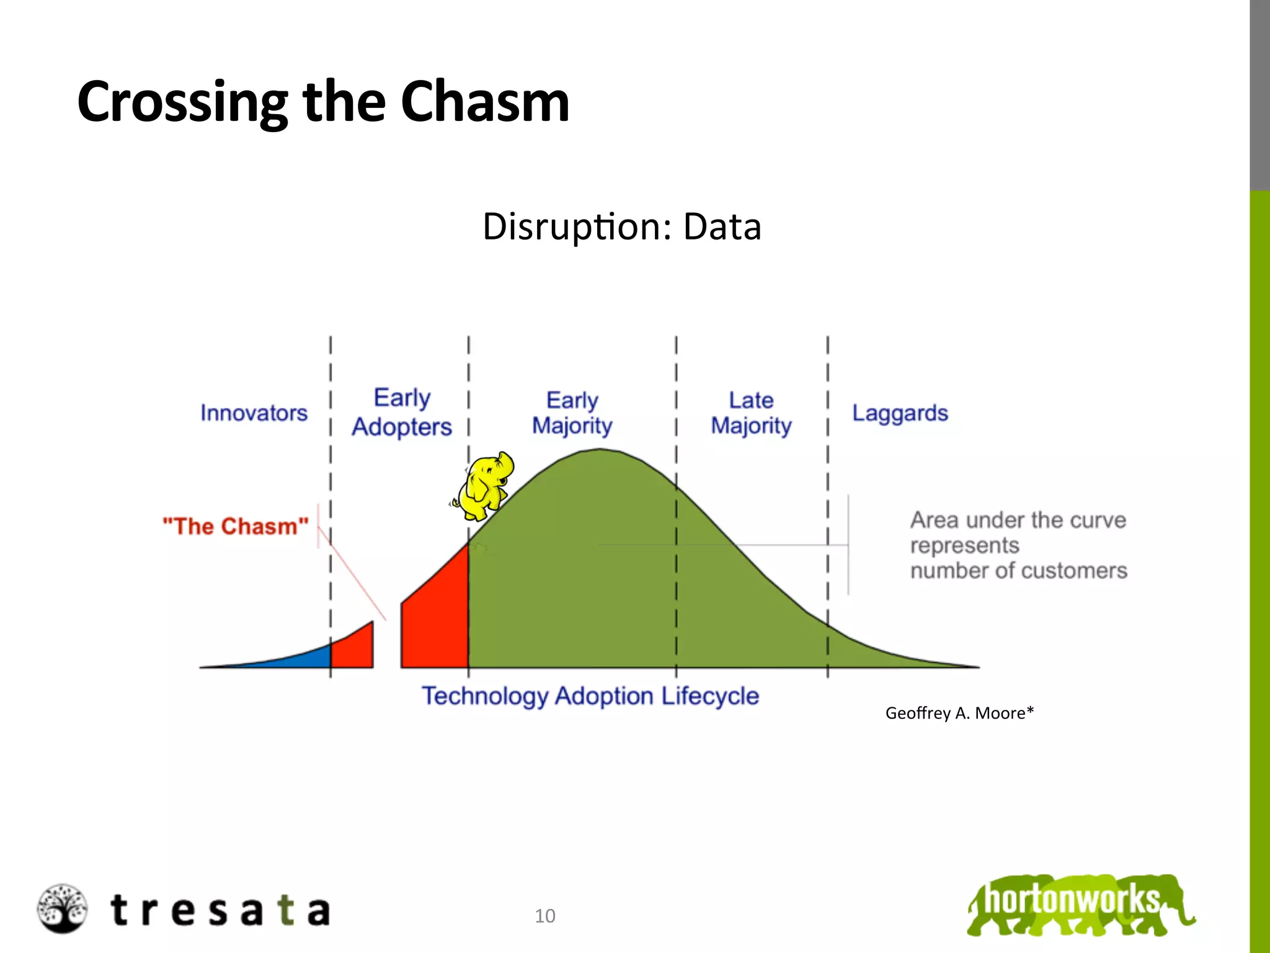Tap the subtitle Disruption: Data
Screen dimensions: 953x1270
click(621, 226)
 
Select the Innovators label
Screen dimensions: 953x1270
click(254, 413)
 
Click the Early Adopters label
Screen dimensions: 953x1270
click(402, 413)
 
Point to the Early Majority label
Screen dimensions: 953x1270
click(572, 413)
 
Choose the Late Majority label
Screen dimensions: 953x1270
click(751, 413)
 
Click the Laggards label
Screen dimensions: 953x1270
click(900, 413)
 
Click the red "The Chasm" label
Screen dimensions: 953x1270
click(235, 526)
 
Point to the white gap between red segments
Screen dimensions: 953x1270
click(387, 645)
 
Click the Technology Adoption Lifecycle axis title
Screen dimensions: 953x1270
click(590, 696)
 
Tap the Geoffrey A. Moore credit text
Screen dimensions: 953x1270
click(959, 713)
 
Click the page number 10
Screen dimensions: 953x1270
click(545, 916)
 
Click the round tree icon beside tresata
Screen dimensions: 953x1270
click(61, 908)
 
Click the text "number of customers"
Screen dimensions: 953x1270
click(1018, 571)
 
